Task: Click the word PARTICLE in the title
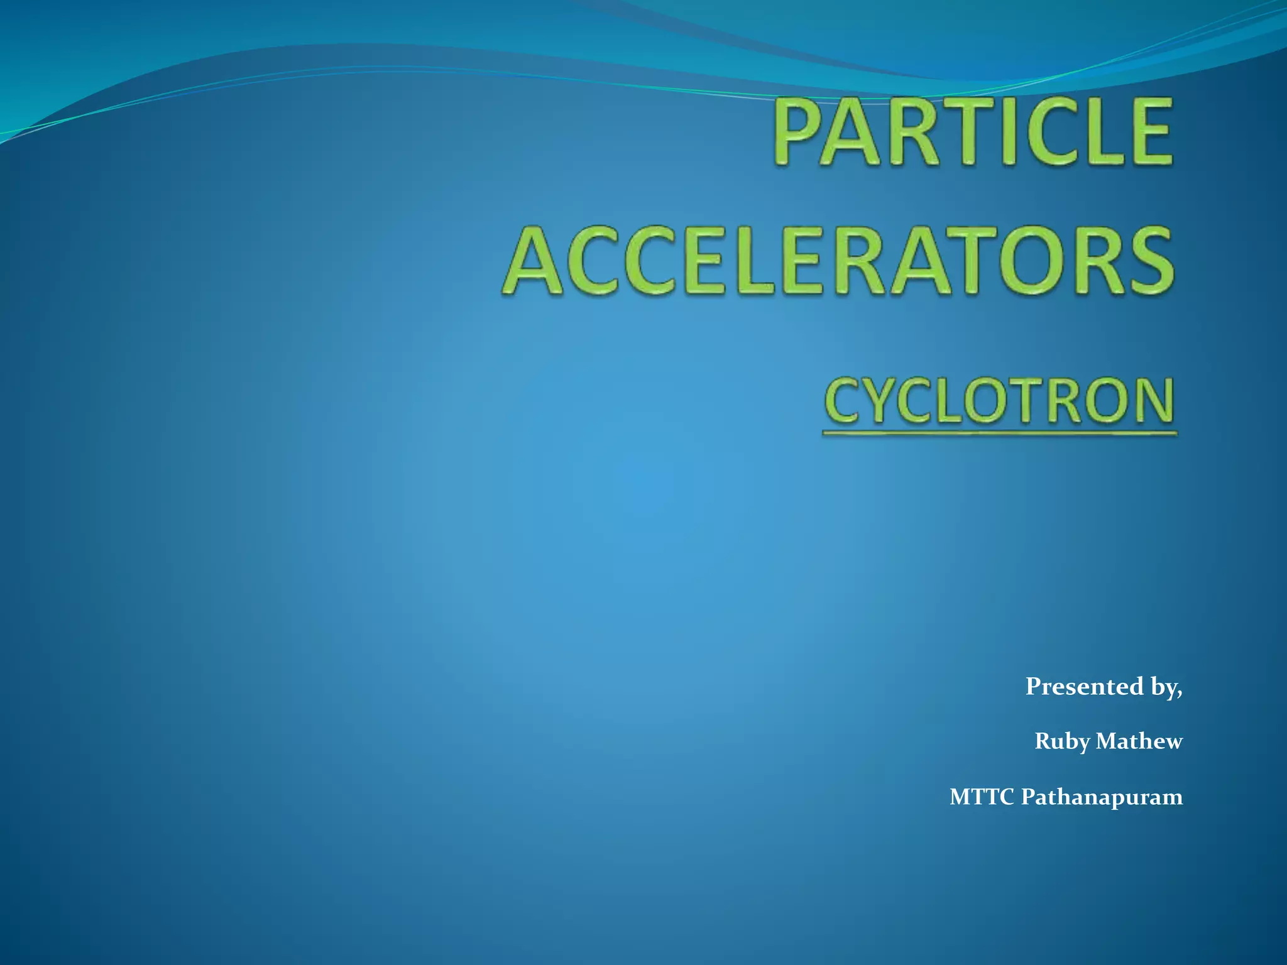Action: pos(973,132)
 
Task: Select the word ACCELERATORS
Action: pos(838,262)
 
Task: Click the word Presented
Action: pos(1084,686)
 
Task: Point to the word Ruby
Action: pos(1062,742)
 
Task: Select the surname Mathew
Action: pos(1139,741)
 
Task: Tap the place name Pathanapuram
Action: pos(1102,797)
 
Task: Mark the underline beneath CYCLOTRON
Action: pos(999,433)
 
